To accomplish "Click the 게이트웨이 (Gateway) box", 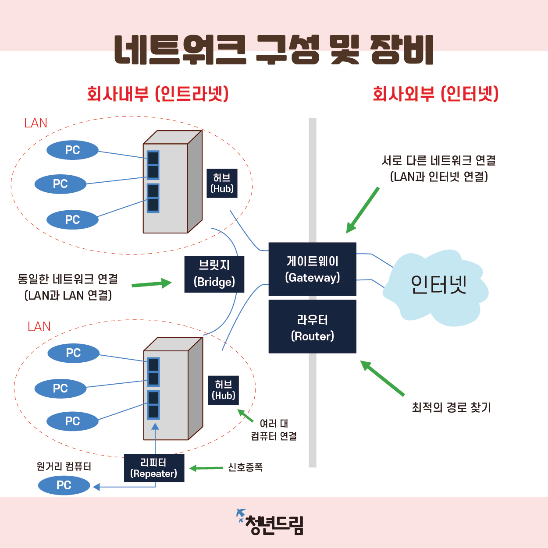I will pos(312,269).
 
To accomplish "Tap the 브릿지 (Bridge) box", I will pos(214,274).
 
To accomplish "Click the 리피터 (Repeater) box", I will pos(154,468).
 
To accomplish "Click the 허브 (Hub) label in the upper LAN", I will pos(222,183).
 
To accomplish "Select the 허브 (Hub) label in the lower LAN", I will pos(224,390).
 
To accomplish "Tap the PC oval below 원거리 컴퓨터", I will pos(64,485).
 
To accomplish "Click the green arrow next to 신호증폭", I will pos(206,468).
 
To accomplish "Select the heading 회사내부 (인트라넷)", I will pos(158,94).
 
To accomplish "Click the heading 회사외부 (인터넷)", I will pos(435,94).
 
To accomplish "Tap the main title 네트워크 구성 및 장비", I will pos(274,50).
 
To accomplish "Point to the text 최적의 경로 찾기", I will pos(451,408).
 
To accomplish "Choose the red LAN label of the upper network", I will pos(36,123).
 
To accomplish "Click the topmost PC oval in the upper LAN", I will pos(72,150).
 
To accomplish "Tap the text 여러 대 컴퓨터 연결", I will pos(274,430).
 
